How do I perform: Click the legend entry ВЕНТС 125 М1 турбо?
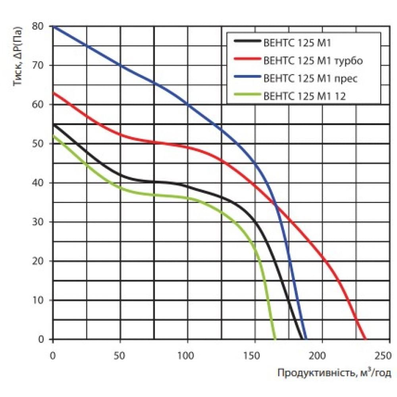coord(313,61)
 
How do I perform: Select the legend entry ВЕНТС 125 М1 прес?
coord(311,78)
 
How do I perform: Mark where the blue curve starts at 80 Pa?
coord(53,26)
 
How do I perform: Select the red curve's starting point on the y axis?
coord(53,93)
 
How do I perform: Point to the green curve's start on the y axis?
coord(53,136)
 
